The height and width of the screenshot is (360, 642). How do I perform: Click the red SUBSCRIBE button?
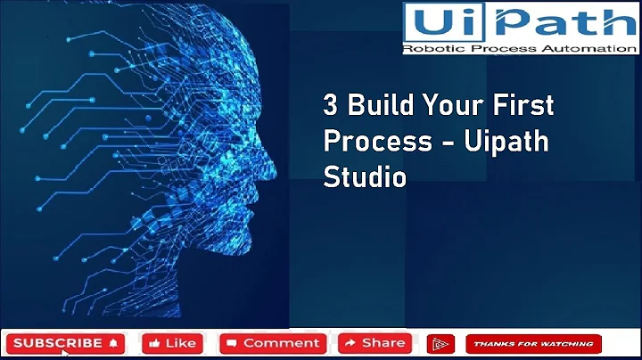coord(65,343)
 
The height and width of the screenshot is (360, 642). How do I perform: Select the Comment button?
coord(274,343)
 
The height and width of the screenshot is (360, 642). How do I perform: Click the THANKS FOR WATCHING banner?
coord(533,344)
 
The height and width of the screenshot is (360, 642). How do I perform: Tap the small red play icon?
coord(440,344)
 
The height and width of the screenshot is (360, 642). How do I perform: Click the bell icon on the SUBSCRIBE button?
coord(113,343)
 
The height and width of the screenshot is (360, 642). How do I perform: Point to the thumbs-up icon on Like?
coord(154,343)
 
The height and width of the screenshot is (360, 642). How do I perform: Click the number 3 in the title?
coord(329,106)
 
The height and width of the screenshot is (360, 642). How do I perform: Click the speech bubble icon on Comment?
coord(231,343)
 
